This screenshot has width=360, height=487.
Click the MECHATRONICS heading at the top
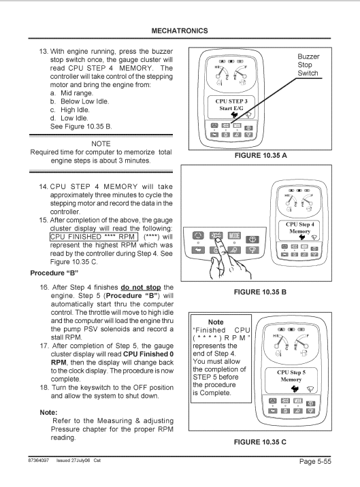(180, 31)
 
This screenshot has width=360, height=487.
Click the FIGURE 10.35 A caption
(261, 156)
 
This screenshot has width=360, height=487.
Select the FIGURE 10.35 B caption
(260, 292)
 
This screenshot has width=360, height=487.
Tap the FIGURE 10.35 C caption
(260, 442)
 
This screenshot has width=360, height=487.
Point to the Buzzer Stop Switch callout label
(308, 65)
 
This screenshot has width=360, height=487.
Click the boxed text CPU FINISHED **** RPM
(93, 237)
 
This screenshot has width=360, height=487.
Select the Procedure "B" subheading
(54, 273)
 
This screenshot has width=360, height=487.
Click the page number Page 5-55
(315, 462)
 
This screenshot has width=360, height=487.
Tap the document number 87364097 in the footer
(39, 460)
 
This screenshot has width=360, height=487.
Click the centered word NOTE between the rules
(101, 144)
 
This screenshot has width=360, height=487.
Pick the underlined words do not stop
(141, 287)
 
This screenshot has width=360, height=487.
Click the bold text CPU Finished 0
(148, 354)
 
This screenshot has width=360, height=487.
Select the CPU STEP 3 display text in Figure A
(231, 101)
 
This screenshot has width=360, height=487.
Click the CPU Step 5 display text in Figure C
(291, 373)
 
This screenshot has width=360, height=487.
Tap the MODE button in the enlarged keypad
(234, 236)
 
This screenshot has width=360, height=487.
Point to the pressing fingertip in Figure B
(218, 239)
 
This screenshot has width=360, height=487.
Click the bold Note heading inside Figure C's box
(216, 322)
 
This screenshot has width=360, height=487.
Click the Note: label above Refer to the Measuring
(48, 412)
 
